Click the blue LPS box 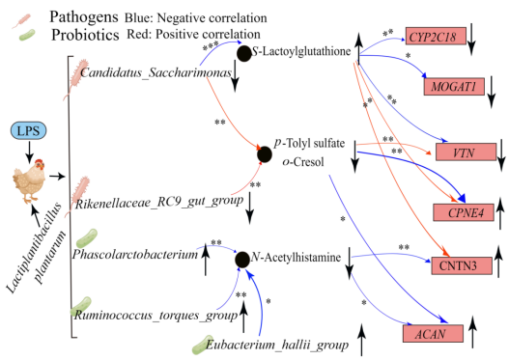tap(29, 130)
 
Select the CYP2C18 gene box tap(436, 36)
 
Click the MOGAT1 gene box tap(454, 86)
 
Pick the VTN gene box tap(466, 152)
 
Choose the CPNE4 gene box tap(464, 212)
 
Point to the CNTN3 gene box tap(462, 265)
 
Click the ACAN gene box tap(433, 333)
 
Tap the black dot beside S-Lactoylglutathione tap(244, 53)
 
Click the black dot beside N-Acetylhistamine tap(242, 260)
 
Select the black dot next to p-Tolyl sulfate tap(265, 154)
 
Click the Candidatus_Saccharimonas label tap(156, 72)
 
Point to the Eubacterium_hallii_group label tap(277, 345)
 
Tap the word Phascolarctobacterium tap(135, 254)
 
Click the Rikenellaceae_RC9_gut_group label tap(159, 202)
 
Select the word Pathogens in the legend tap(84, 16)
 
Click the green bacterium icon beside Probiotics tap(27, 35)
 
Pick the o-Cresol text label tap(303, 161)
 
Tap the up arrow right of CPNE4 tap(500, 213)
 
